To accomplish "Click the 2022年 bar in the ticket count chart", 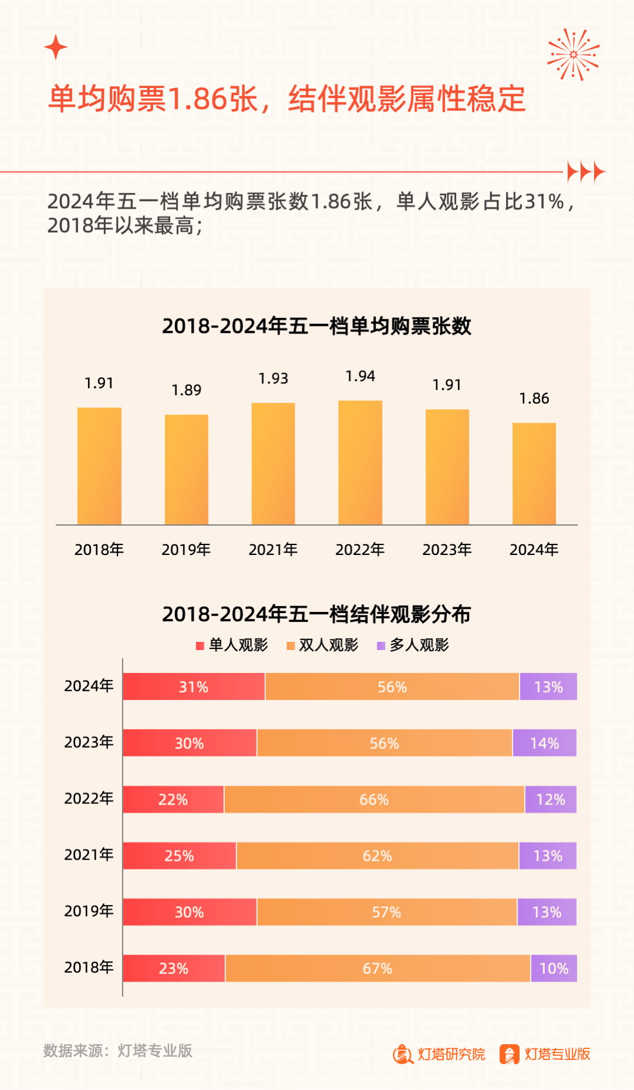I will pos(360,463).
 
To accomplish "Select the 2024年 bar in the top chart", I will pos(534,473).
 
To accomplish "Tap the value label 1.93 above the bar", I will pos(273,379).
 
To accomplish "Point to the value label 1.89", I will pos(186,391).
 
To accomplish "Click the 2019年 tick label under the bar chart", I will pos(186,550).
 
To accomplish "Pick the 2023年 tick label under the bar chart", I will pos(447,550).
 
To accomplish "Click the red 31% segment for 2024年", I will pos(194,687).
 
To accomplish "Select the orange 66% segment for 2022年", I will pos(374,799).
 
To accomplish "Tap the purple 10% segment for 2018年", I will pos(554,968).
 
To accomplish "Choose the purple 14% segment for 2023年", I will pos(544,743).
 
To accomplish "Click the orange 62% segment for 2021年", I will pos(377,856).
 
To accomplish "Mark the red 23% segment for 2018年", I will pos(174,968).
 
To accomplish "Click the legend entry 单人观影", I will pos(232,645).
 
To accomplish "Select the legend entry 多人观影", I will pos(413,645).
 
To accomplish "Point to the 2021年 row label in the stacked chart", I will pos(89,855).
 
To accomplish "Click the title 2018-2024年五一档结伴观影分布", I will pos(316,614).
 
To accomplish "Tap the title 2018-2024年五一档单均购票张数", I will pos(316,326).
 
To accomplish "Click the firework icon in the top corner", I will pos(574,55).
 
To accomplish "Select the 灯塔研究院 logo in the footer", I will pos(439,1054).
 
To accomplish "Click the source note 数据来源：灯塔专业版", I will pos(118,1051).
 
